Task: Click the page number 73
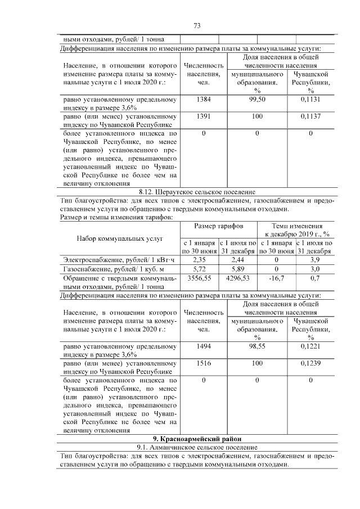(197, 26)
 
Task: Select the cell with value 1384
(204, 100)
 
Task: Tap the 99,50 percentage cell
(256, 100)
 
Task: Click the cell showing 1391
(204, 116)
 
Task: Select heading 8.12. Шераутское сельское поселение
(196, 192)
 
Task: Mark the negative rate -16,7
(276, 278)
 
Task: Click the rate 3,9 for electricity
(315, 259)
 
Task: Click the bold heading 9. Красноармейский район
(196, 439)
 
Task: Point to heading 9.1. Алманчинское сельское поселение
(196, 447)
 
